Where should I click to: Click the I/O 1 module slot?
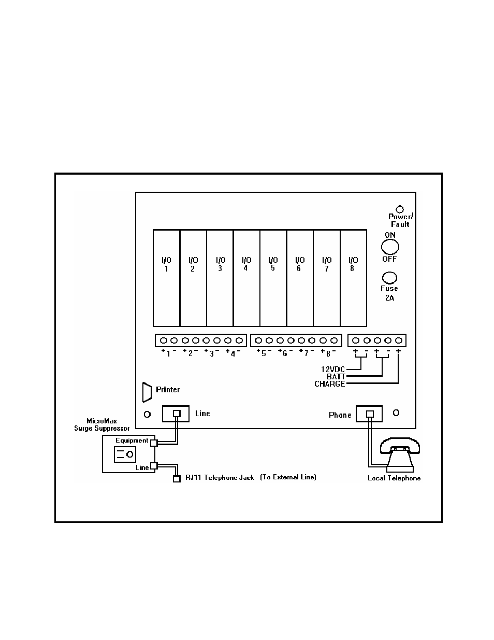click(x=166, y=278)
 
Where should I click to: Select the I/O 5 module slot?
click(x=273, y=278)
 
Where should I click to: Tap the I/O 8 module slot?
click(x=353, y=278)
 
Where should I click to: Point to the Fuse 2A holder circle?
click(x=389, y=278)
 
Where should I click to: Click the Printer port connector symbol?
click(x=147, y=392)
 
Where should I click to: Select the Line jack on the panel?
click(x=176, y=414)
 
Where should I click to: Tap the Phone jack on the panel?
click(x=369, y=414)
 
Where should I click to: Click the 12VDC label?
click(x=332, y=369)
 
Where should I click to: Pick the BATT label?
click(x=336, y=377)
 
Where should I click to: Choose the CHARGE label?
click(x=329, y=384)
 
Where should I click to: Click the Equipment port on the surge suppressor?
click(x=153, y=443)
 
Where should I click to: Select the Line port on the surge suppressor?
click(x=153, y=466)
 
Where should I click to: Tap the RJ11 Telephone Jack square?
click(x=176, y=478)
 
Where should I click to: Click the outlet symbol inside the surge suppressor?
click(x=125, y=454)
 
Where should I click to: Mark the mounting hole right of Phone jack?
click(x=396, y=413)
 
